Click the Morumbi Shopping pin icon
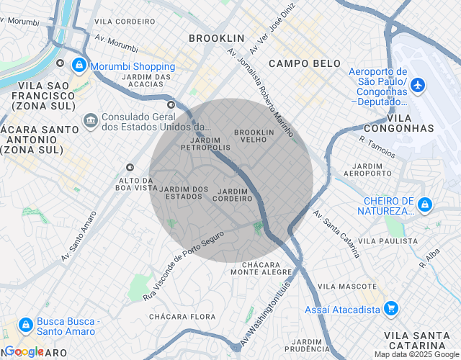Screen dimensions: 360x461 point(78,66)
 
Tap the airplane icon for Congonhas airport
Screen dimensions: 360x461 point(417,86)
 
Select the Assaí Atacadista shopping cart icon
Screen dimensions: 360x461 point(391,309)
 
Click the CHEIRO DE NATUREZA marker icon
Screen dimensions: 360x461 point(425,205)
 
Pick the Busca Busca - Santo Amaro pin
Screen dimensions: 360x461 point(25,325)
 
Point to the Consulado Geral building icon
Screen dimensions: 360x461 point(91,119)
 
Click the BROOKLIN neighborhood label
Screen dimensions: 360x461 point(217,37)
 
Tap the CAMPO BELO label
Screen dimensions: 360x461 point(305,63)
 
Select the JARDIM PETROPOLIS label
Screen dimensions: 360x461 point(206,143)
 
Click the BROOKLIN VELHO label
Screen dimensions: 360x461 point(254,136)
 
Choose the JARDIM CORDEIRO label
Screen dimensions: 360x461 point(231,194)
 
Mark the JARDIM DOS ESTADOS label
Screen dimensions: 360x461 point(184,192)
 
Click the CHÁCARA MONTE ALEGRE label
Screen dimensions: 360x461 point(261,269)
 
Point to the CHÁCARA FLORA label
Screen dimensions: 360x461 point(182,317)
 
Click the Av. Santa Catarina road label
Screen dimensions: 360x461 point(336,234)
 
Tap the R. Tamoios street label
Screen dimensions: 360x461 point(377,145)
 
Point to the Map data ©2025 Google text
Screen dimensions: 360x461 point(416,354)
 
